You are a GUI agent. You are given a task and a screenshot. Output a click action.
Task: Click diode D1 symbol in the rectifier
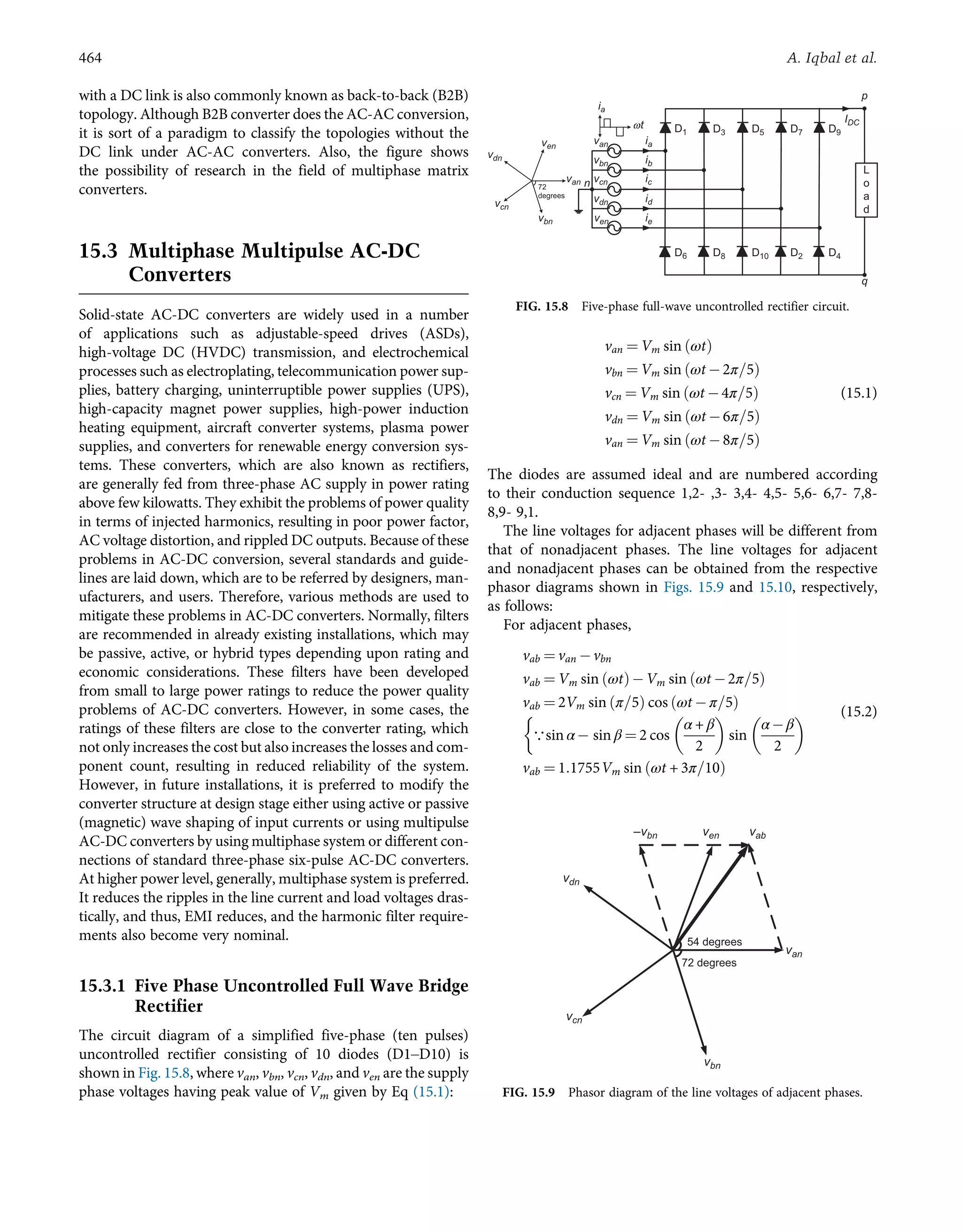coord(665,127)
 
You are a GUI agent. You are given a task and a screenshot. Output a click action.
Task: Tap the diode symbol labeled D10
coord(742,251)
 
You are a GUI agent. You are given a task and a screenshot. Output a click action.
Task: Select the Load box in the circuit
coord(866,190)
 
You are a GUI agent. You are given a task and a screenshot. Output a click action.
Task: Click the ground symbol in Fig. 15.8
coord(578,211)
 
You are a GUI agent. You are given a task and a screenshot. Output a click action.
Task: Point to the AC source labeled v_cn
coord(613,189)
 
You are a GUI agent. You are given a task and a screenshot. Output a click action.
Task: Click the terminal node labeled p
coord(864,108)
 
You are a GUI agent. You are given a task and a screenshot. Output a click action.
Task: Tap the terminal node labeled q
coord(864,275)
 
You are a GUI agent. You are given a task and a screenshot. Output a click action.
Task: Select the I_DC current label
coord(852,121)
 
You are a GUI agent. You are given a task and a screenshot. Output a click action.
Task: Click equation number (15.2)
coord(858,711)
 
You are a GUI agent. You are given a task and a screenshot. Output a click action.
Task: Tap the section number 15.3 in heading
coord(98,251)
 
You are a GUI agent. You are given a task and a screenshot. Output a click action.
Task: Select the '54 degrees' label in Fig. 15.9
coord(714,942)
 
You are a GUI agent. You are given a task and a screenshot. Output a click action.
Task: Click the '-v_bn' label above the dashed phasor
coord(645,834)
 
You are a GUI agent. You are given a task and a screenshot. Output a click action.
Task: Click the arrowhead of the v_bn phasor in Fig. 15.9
coord(704,1050)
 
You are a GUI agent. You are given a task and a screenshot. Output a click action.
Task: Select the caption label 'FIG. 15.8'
coord(541,307)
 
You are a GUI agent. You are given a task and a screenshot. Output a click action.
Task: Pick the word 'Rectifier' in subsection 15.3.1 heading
coord(169,1006)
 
